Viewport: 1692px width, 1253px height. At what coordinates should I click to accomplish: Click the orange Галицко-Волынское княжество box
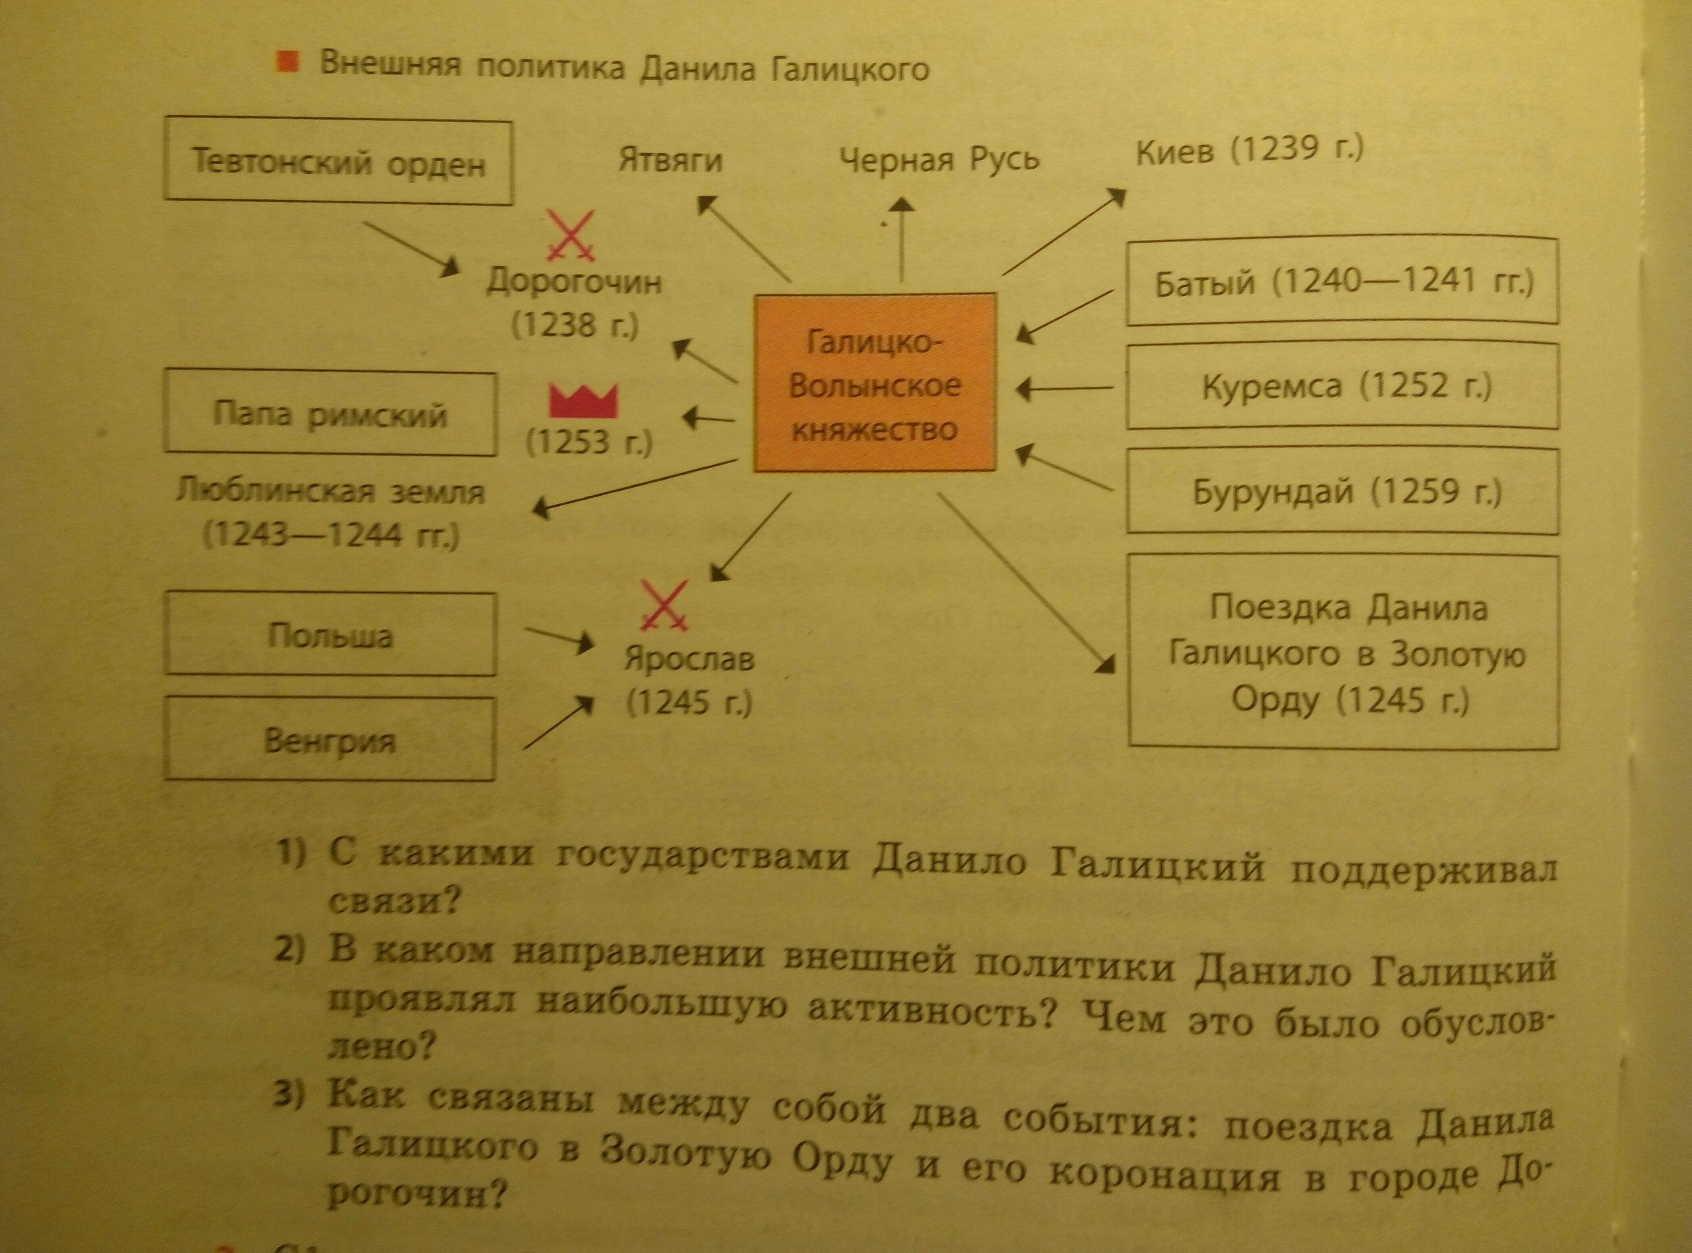coord(874,383)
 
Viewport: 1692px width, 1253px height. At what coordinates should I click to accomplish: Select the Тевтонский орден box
coord(338,161)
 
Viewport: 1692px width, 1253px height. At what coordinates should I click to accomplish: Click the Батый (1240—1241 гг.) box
coord(1342,282)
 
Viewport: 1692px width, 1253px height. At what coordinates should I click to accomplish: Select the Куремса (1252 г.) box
coord(1342,387)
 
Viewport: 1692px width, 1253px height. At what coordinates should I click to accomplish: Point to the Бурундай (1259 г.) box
coord(1342,492)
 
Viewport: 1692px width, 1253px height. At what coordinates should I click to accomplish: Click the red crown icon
coord(583,400)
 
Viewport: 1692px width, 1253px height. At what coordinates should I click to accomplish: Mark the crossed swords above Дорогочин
coord(571,237)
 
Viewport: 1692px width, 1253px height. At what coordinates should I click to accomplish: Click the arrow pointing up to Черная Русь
coord(902,239)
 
